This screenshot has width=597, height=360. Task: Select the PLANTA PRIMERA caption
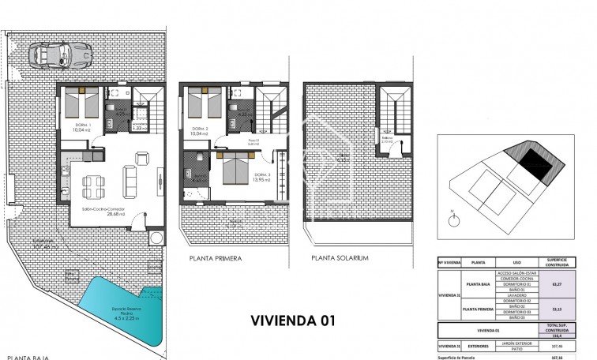pos(215,258)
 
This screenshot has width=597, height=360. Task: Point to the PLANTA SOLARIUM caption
pos(340,258)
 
